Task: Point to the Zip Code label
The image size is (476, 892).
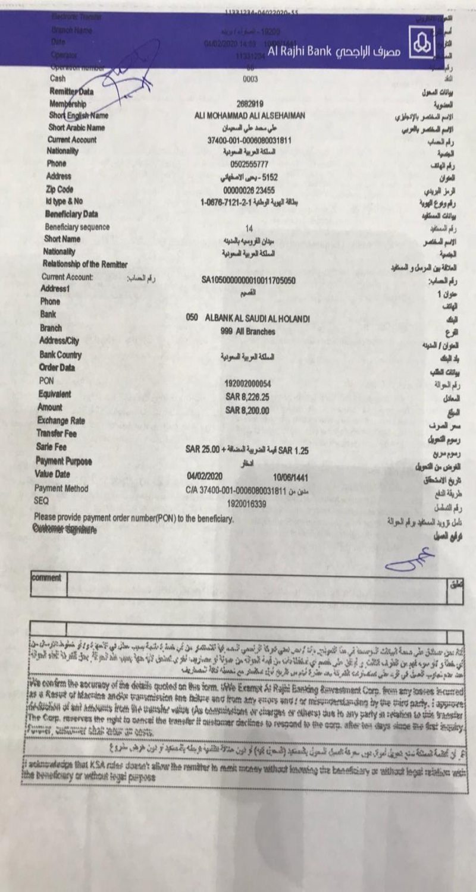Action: pyautogui.click(x=59, y=189)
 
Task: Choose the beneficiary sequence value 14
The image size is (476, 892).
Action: pyautogui.click(x=249, y=228)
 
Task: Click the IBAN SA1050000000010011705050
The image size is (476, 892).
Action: pyautogui.click(x=249, y=279)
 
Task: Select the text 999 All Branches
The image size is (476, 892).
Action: pyautogui.click(x=248, y=331)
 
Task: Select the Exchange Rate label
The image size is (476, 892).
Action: pyautogui.click(x=63, y=421)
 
